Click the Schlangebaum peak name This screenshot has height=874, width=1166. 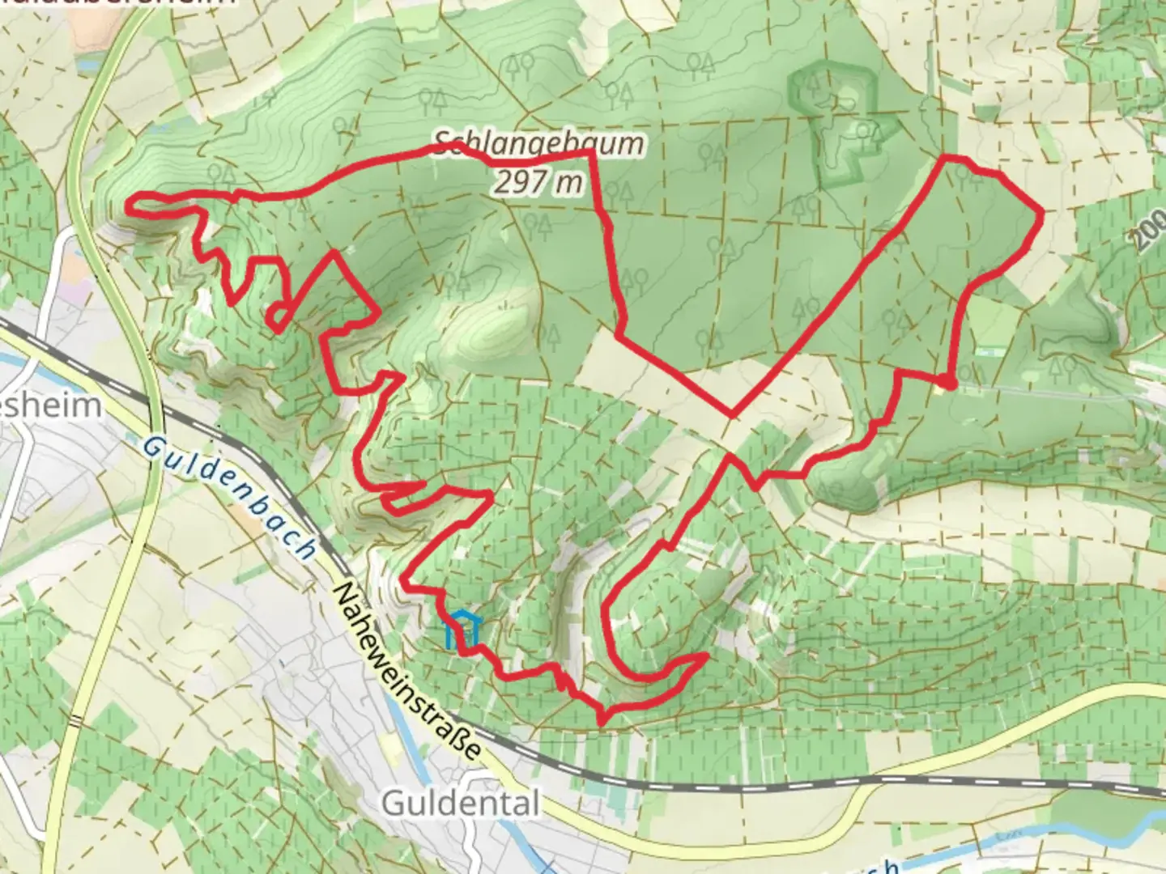(x=539, y=146)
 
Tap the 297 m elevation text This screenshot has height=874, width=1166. (x=538, y=184)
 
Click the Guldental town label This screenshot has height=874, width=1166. (x=459, y=804)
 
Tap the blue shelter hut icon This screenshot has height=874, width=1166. (x=463, y=631)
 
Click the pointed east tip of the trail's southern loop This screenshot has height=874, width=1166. (x=707, y=655)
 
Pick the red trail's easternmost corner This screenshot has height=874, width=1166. (x=1040, y=212)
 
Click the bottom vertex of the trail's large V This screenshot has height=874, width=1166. (x=731, y=415)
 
